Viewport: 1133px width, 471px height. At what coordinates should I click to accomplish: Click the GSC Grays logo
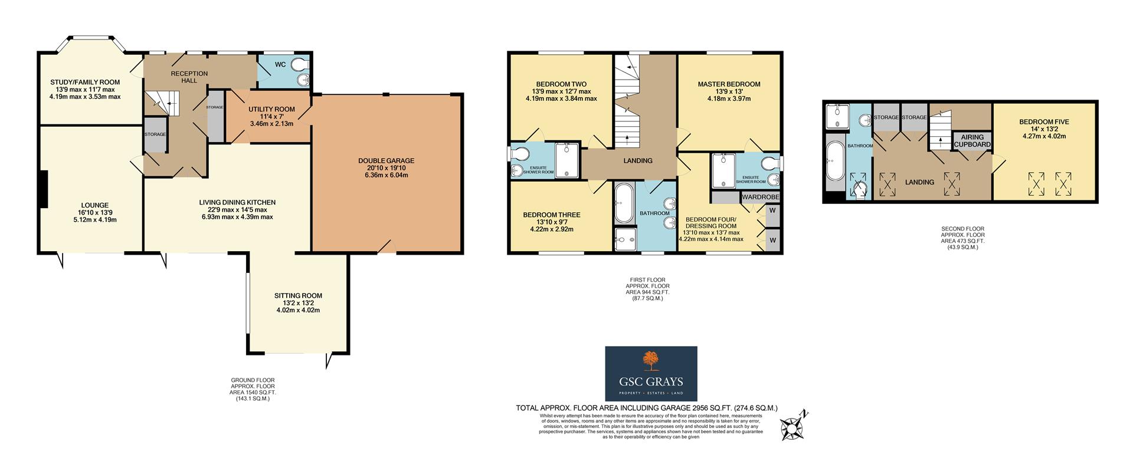tap(651, 373)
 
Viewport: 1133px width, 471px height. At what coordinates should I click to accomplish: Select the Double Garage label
tap(387, 160)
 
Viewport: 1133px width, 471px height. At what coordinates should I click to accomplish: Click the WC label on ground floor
tap(280, 64)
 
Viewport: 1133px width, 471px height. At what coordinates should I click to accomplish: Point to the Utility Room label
tap(271, 109)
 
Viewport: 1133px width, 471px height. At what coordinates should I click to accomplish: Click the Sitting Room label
tap(298, 296)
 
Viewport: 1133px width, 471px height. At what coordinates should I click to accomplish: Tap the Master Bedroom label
tap(729, 84)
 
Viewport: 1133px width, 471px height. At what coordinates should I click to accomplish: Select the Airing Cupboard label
tap(971, 141)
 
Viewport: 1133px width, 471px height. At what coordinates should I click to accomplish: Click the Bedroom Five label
tap(1044, 122)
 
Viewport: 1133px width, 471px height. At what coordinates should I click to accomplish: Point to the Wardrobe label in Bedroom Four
tap(761, 197)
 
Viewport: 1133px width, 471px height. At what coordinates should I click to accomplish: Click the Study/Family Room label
tap(85, 83)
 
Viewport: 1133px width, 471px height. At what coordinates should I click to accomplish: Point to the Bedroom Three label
tap(552, 215)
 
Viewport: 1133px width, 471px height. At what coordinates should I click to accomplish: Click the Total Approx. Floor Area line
tap(647, 408)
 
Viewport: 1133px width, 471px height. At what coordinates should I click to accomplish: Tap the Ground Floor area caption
tap(253, 389)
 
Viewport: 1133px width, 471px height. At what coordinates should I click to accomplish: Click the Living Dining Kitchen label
tap(237, 202)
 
